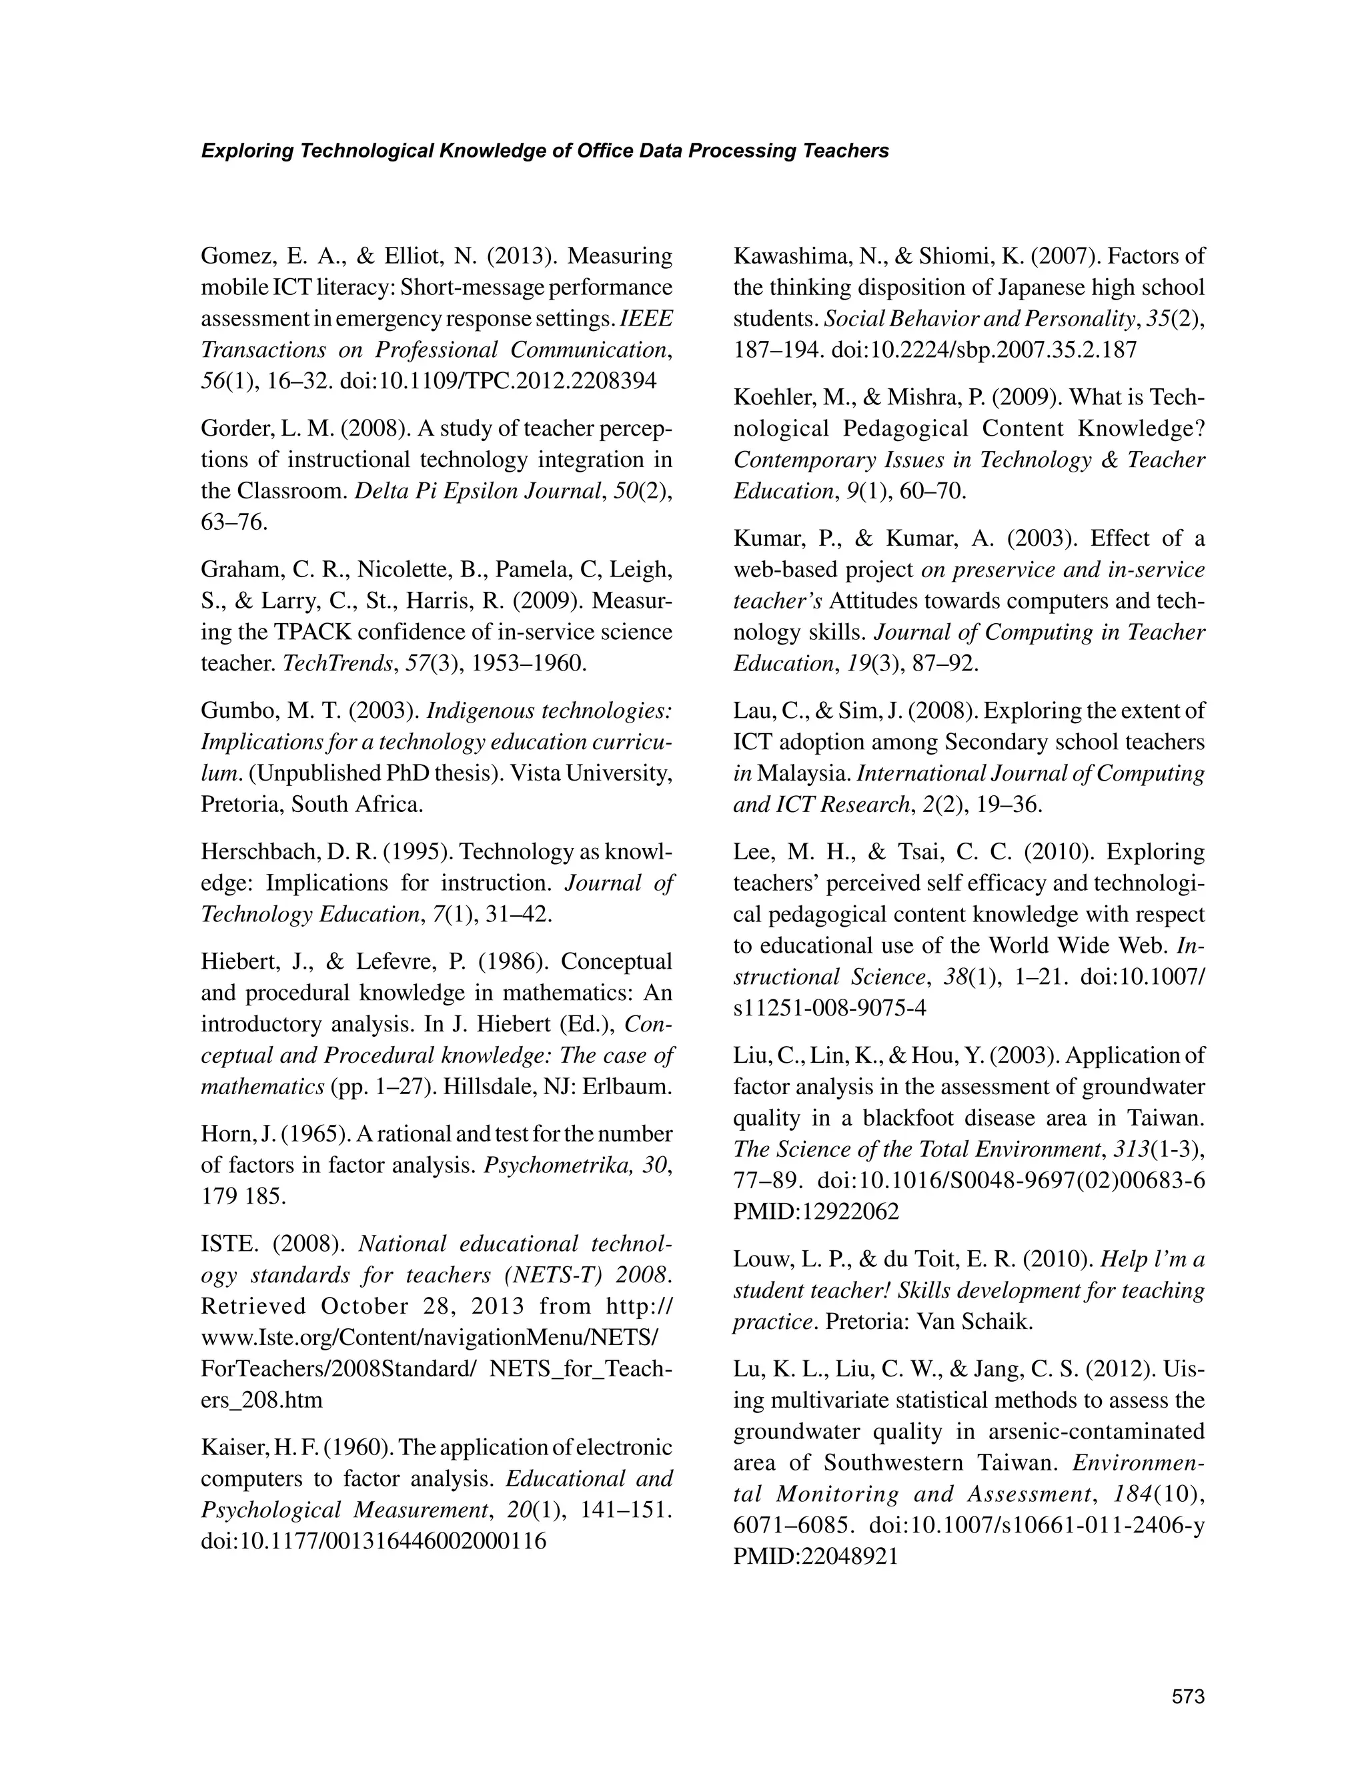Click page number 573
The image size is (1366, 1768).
[1188, 1697]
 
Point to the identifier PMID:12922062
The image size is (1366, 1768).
[816, 1212]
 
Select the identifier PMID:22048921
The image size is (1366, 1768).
[816, 1557]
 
